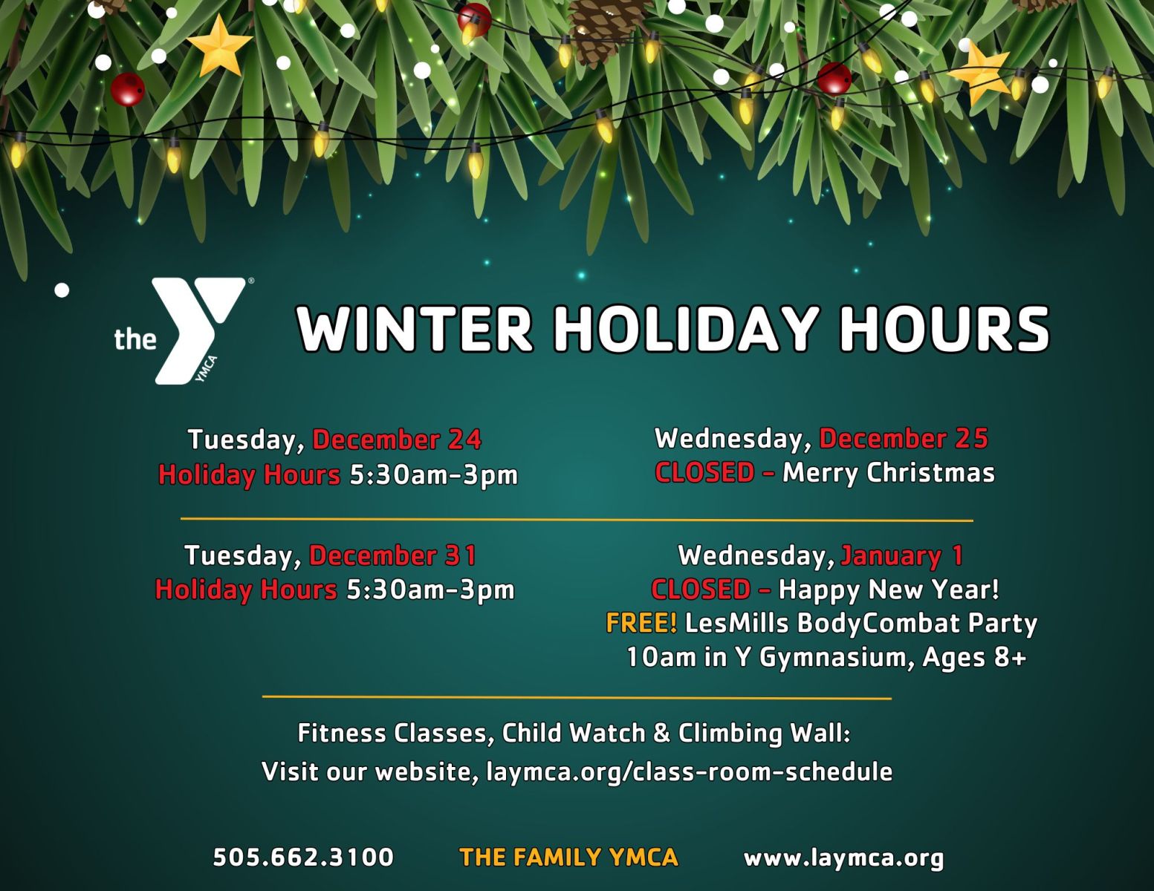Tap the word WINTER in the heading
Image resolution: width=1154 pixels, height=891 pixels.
415,328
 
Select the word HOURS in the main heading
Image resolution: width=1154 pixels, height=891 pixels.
944,328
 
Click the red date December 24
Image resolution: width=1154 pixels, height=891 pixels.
397,440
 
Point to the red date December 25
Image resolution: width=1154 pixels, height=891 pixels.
904,439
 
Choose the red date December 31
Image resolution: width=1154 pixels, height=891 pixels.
393,555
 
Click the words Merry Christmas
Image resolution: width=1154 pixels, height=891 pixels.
889,473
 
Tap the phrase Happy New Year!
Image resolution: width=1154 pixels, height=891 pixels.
889,590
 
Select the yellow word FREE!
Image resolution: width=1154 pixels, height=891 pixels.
641,623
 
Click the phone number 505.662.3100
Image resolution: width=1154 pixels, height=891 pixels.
303,857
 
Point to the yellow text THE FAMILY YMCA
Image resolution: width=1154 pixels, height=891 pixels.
568,857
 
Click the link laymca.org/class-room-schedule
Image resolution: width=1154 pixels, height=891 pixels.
690,771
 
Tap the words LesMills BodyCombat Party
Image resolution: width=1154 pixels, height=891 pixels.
860,624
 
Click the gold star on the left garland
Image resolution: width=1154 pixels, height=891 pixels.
218,47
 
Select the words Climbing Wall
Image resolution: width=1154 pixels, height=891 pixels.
764,734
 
